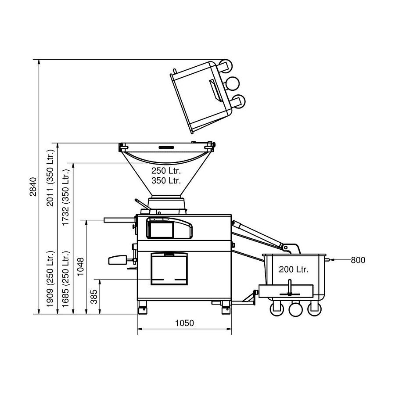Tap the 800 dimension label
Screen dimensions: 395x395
(358, 260)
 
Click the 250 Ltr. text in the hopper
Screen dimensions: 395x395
(166, 171)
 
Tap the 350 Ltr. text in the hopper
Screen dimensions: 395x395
(166, 180)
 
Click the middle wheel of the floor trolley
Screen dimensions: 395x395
(295, 309)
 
